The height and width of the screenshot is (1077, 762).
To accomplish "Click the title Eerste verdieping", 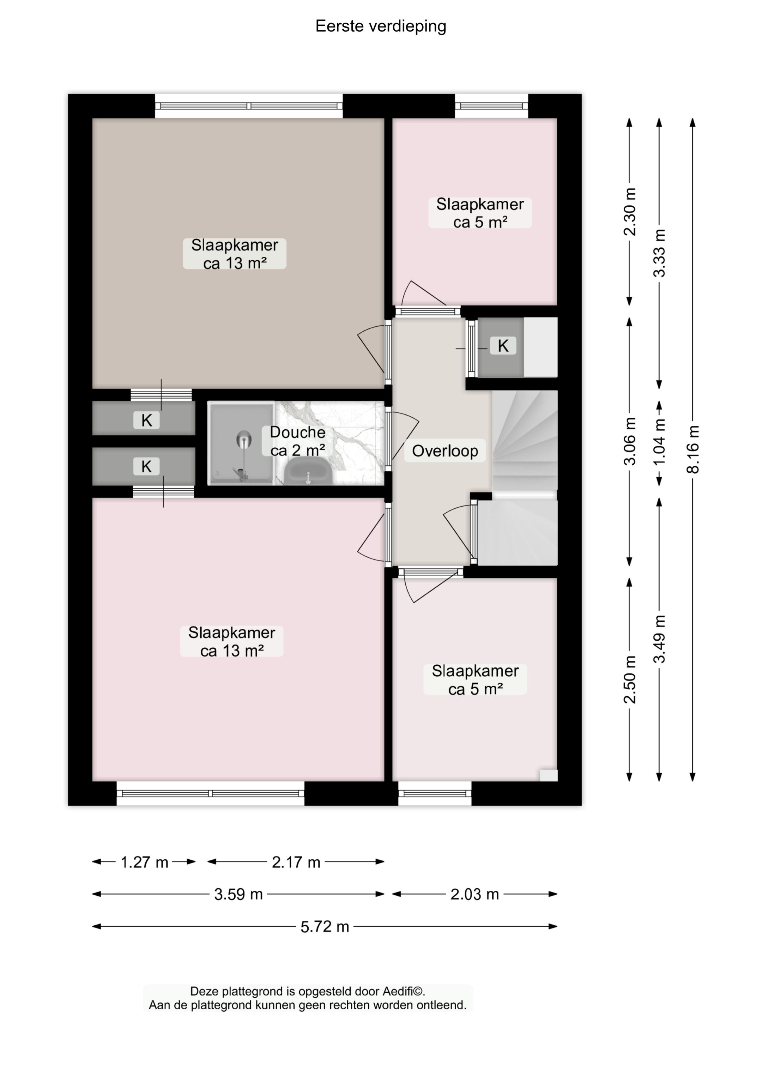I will point(381,26).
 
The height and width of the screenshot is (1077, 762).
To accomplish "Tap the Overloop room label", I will point(445,451).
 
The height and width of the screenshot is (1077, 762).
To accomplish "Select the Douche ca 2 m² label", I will point(297,441).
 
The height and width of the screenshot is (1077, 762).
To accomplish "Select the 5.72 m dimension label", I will point(325,927).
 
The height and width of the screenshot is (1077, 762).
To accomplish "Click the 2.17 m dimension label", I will point(296,862).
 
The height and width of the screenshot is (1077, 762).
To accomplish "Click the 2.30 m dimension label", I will point(630,212).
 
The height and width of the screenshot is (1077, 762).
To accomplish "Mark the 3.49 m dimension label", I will point(660,639).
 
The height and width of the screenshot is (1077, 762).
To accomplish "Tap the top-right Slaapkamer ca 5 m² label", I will point(479,213).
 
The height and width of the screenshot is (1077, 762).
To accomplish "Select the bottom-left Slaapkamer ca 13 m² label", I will point(232,641).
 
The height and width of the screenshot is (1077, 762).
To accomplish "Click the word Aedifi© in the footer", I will point(404,992).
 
